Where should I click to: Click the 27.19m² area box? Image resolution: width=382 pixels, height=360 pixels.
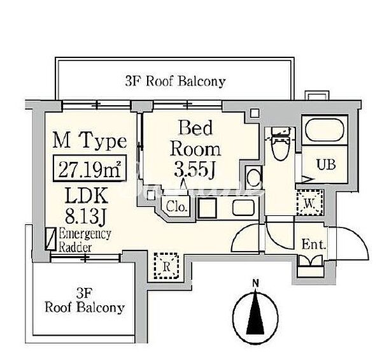pyautogui.click(x=90, y=168)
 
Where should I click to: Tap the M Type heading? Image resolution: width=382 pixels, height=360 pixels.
pyautogui.click(x=90, y=141)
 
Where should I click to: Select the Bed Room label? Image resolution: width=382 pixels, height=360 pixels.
pyautogui.click(x=195, y=138)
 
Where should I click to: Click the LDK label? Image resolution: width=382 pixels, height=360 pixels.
pyautogui.click(x=87, y=195)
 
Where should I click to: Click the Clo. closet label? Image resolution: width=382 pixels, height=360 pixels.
pyautogui.click(x=176, y=207)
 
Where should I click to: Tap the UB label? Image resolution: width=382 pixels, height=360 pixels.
pyautogui.click(x=326, y=164)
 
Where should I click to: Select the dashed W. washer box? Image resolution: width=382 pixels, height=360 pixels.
pyautogui.click(x=310, y=203)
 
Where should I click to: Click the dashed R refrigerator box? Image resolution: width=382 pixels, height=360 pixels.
pyautogui.click(x=166, y=266)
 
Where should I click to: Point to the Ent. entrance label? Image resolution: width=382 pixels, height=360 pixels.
pyautogui.click(x=314, y=245)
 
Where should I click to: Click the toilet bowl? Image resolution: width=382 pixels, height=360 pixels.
pyautogui.click(x=281, y=148)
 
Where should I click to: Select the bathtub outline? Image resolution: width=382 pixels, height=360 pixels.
pyautogui.click(x=325, y=130)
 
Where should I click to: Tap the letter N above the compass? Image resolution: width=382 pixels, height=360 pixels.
pyautogui.click(x=255, y=284)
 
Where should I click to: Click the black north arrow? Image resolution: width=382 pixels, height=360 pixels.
pyautogui.click(x=255, y=312)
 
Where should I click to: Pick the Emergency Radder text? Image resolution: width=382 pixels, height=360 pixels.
pyautogui.click(x=85, y=240)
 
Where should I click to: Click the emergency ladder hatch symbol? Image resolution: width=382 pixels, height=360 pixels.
pyautogui.click(x=51, y=239)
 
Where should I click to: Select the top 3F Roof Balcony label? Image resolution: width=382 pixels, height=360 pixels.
pyautogui.click(x=175, y=81)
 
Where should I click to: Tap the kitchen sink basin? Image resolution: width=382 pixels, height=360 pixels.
pyautogui.click(x=243, y=208)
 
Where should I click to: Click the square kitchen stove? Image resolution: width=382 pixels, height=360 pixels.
pyautogui.click(x=207, y=208)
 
